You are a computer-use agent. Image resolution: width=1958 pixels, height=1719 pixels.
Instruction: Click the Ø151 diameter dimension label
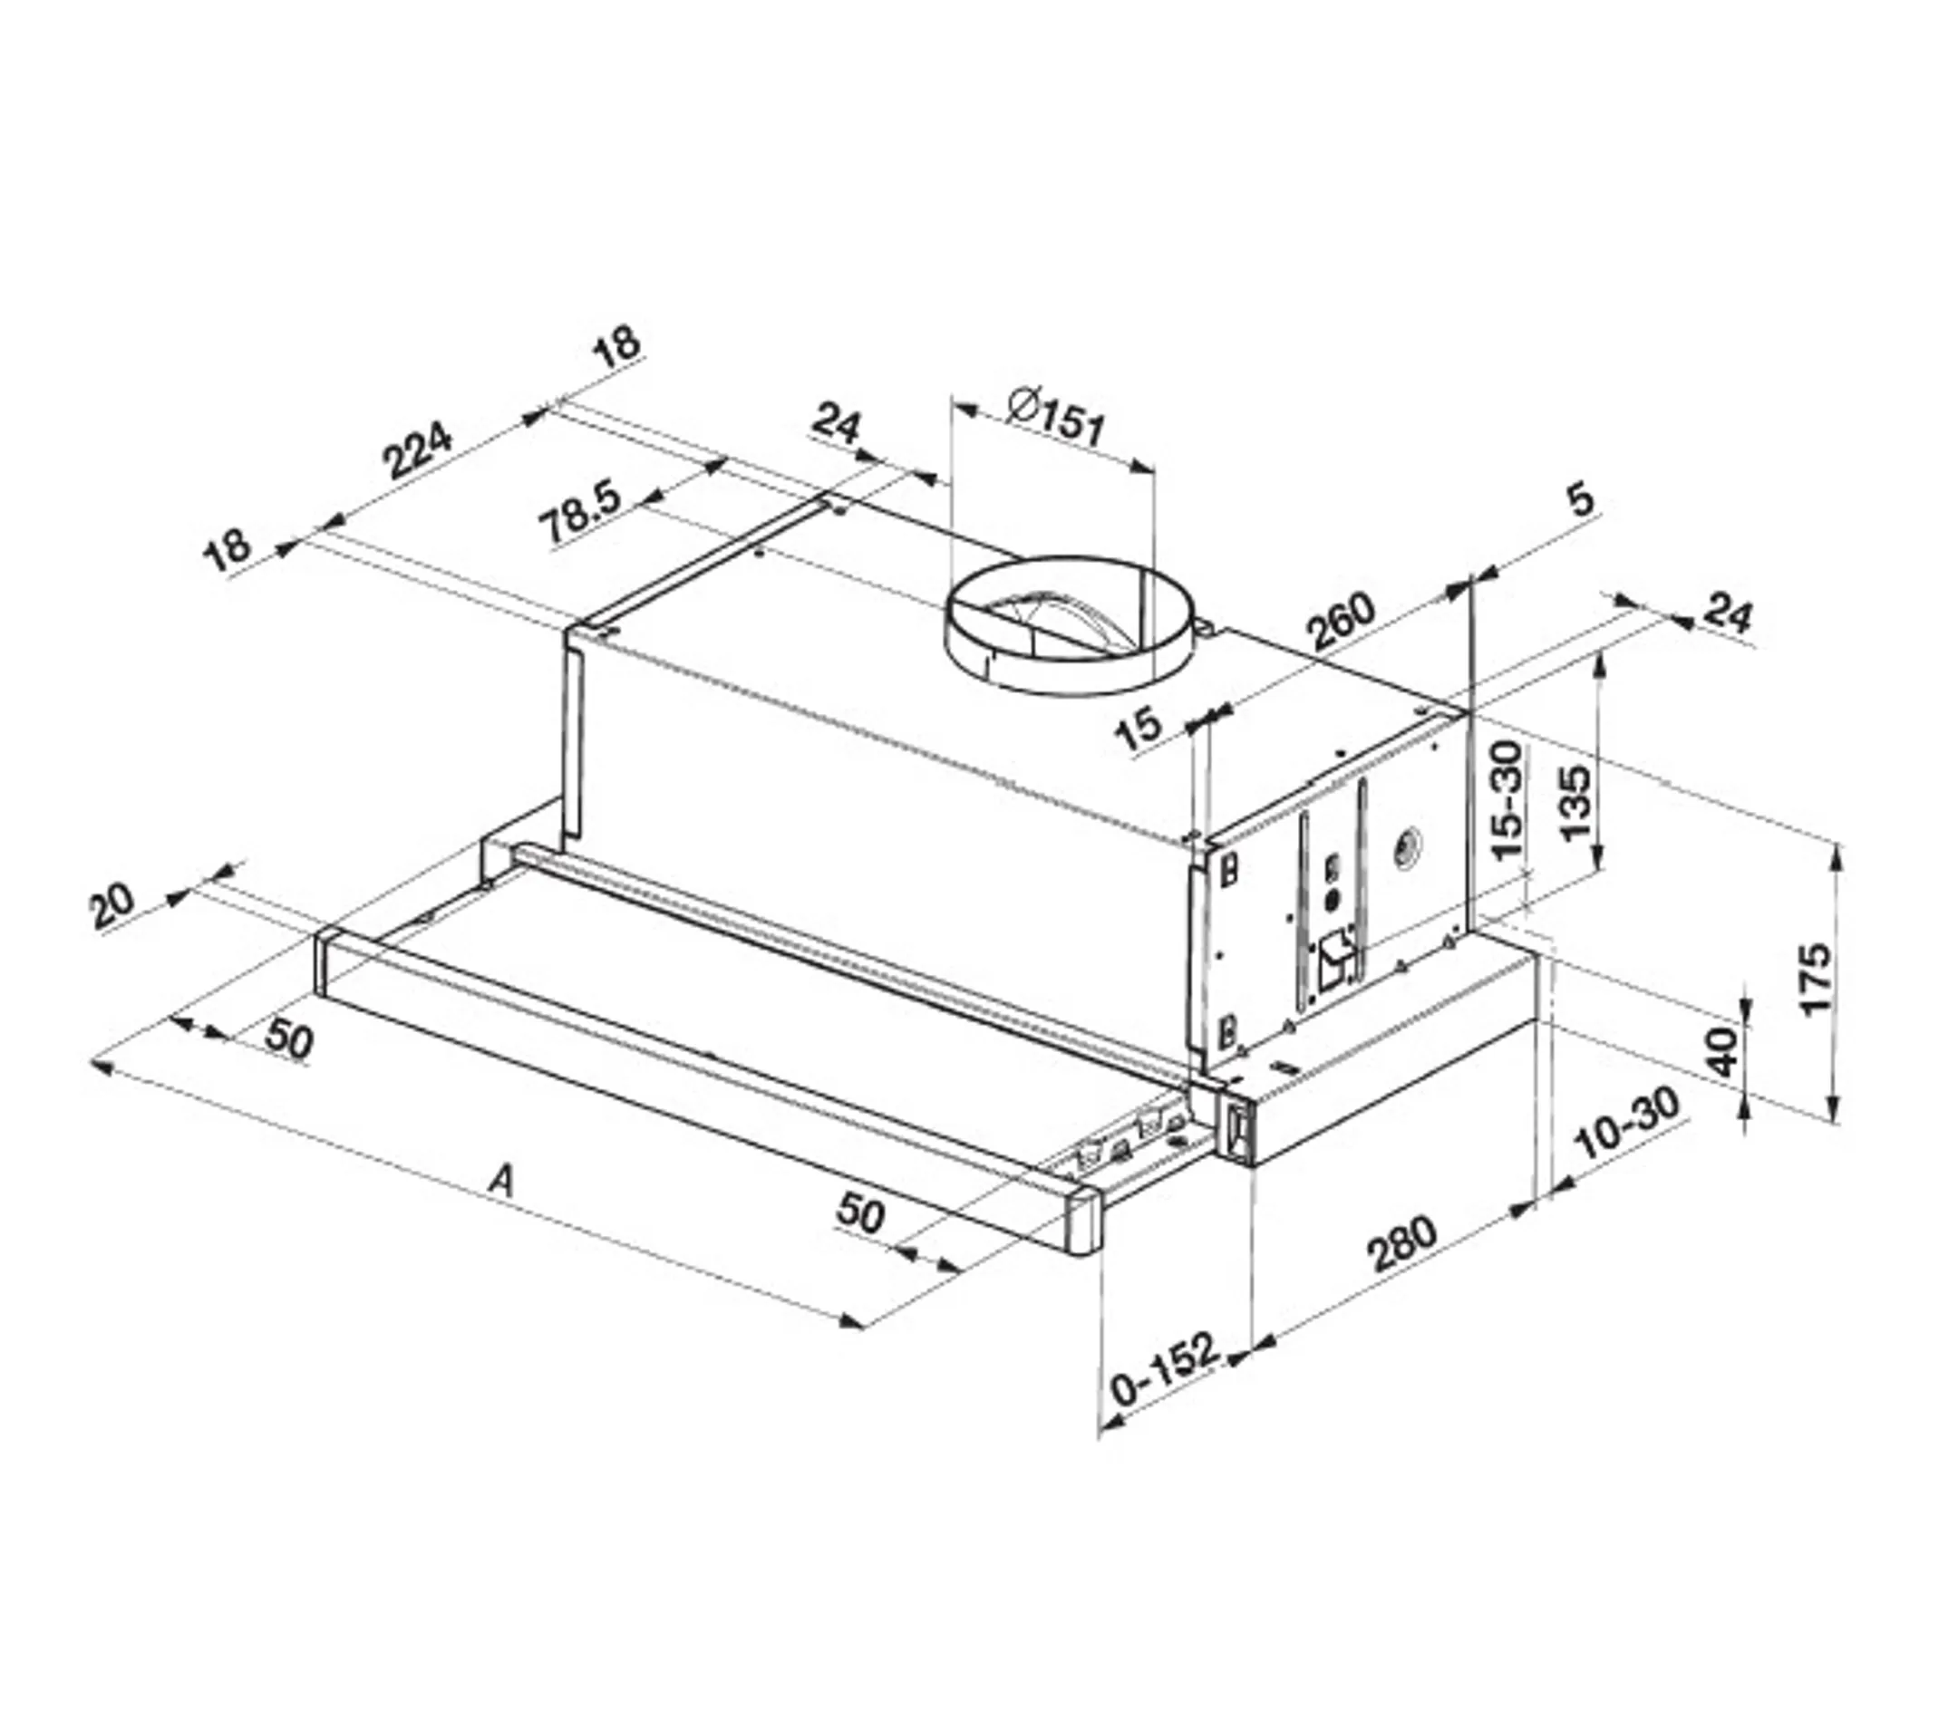pyautogui.click(x=1057, y=419)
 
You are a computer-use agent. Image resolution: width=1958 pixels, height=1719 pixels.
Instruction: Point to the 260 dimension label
pyautogui.click(x=1341, y=623)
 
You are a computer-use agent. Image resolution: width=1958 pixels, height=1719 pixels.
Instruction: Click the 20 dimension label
pyautogui.click(x=113, y=906)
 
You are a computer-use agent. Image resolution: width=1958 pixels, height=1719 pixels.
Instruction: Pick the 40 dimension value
pyautogui.click(x=1722, y=1051)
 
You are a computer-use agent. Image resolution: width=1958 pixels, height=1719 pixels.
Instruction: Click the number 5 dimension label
pyautogui.click(x=1582, y=500)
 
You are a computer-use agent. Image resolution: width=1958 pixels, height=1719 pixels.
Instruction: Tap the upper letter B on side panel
pyautogui.click(x=1229, y=871)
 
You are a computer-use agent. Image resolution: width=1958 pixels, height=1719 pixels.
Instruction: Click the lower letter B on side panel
pyautogui.click(x=1227, y=1032)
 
